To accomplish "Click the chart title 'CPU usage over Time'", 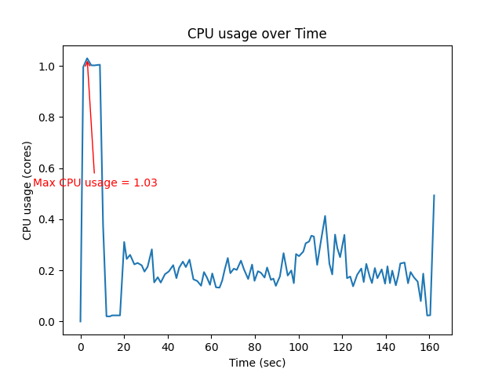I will [x=256, y=34].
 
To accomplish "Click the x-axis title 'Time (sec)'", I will [x=256, y=363].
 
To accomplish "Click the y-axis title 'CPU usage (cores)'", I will [x=27, y=190].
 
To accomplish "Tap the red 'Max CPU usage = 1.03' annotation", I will [x=95, y=183].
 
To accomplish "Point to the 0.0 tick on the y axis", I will [x=48, y=322].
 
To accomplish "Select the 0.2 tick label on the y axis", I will [x=48, y=271].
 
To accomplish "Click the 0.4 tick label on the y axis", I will [x=48, y=219].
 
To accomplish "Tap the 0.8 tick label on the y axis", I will [x=48, y=117].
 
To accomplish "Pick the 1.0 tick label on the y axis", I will [x=48, y=67].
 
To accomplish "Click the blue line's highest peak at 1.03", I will [x=87, y=58].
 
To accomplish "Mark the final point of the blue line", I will [x=434, y=196].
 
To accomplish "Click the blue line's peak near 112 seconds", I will [x=325, y=216].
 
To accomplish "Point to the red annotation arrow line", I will [x=91, y=117].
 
